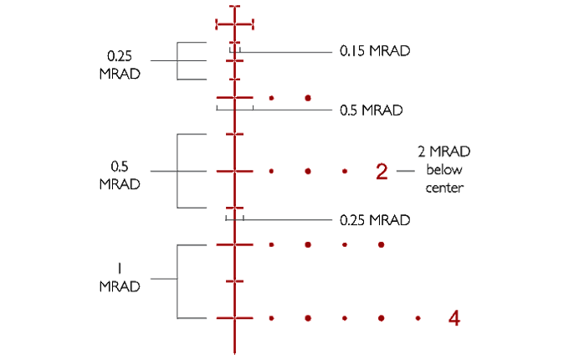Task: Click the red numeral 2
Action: point(382,171)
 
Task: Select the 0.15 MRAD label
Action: point(375,50)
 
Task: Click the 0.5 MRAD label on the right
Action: point(372,110)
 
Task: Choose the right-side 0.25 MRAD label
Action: point(374,220)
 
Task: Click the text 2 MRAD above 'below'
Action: point(443,152)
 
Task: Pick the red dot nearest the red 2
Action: point(345,171)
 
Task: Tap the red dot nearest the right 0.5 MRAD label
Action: point(309,100)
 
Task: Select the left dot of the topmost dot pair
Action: point(273,100)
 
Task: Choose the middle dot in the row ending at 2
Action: point(309,171)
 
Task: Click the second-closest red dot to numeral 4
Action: point(381,318)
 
